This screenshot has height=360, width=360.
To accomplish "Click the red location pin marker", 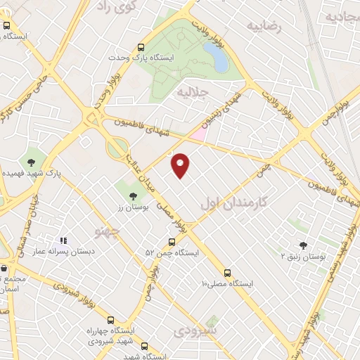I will coord(181,165).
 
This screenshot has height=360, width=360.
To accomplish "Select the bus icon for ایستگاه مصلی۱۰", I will coord(226,273).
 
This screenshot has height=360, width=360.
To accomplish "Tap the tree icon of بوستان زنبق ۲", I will coord(303,245).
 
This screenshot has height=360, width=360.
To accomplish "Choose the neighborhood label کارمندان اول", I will coord(234,202).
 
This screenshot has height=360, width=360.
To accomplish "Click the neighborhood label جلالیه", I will coord(193,92).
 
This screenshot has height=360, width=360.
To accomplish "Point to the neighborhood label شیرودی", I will coord(196,329).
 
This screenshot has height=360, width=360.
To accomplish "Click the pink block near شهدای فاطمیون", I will coord(199,132).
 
